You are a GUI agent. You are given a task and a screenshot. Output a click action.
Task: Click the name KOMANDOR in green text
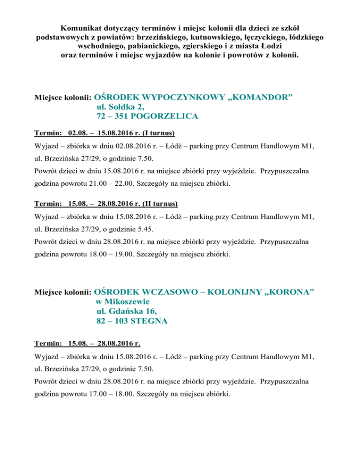(x=260, y=98)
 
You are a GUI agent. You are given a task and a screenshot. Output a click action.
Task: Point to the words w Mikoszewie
(x=120, y=301)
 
